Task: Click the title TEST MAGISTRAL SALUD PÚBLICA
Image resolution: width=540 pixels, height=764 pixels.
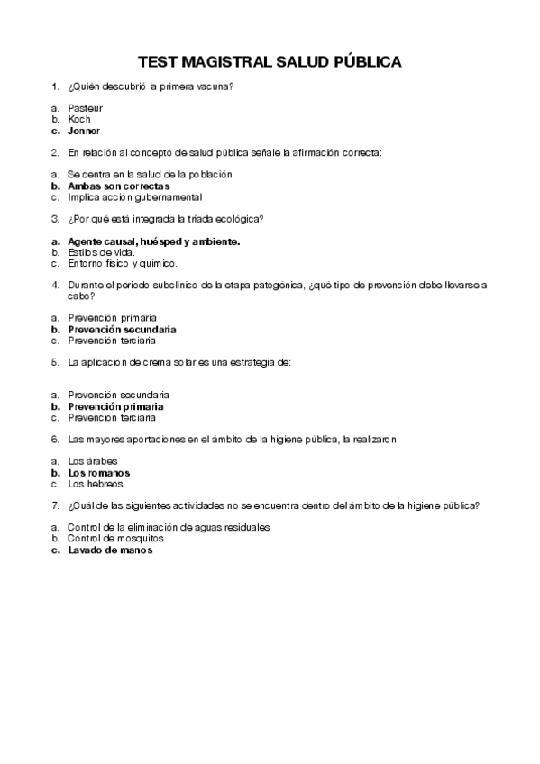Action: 270,63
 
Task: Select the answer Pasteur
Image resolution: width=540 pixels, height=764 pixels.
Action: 86,108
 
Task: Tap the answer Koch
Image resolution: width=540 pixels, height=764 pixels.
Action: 79,119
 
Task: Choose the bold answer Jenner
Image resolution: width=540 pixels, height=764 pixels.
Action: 84,130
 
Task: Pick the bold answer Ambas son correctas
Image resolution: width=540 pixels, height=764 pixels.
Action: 118,186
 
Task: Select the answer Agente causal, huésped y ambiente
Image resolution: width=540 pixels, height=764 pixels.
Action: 153,241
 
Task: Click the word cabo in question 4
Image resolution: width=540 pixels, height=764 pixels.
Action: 79,296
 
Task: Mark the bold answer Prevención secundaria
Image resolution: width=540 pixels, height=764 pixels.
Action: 122,330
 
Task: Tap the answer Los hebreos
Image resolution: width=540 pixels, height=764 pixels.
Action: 95,484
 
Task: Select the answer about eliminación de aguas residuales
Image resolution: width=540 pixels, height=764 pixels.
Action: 169,527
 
